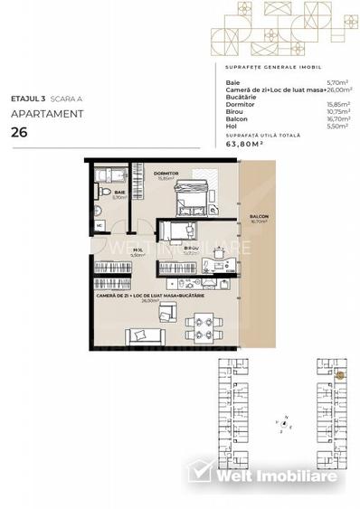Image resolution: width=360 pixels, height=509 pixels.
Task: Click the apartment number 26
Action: point(18,132)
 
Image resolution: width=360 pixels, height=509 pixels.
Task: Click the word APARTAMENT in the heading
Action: point(47,114)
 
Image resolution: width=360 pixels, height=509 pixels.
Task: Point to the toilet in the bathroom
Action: point(105,193)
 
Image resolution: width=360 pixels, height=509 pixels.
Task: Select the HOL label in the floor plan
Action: point(137,250)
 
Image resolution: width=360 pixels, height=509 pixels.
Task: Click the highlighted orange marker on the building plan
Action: point(340,373)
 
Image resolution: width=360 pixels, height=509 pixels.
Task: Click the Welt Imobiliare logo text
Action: point(271,475)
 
